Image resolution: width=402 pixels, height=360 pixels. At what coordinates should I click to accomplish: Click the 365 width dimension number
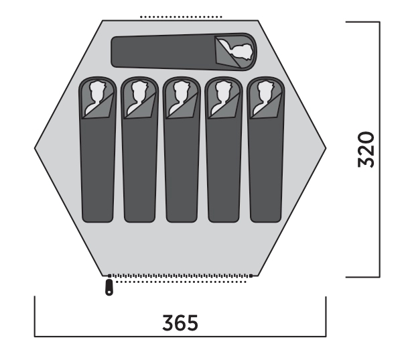pos(180,322)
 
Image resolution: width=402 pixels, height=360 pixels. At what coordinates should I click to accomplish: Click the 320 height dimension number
pos(366,149)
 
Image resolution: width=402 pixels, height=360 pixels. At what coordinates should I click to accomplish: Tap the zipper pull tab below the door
pos(109,288)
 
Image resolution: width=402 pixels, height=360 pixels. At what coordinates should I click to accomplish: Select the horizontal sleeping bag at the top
pos(184,52)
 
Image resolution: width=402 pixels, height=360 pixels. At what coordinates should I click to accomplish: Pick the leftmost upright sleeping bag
pos(97,149)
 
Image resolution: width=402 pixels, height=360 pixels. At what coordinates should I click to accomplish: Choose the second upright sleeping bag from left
pos(140,149)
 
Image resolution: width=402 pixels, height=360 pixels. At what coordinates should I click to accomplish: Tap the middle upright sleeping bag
pos(182,149)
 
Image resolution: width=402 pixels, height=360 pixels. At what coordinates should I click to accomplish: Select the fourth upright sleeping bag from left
pos(224,149)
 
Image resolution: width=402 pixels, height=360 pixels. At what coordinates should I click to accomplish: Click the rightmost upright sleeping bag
pos(265,149)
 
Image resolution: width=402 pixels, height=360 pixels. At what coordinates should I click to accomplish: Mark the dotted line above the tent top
pos(181,17)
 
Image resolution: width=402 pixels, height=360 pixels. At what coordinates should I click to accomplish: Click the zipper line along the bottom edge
pos(180,276)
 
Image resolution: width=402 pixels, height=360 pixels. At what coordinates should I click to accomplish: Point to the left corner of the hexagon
pos(35,147)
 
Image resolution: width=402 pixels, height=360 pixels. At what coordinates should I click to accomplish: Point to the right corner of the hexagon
pos(326,147)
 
